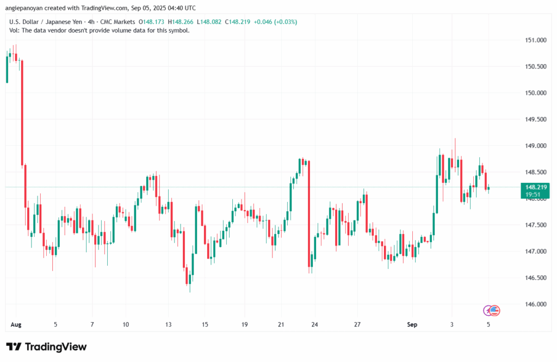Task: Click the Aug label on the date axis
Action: click(15, 324)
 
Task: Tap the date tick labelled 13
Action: click(168, 324)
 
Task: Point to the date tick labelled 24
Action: click(314, 324)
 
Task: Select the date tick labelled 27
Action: click(357, 324)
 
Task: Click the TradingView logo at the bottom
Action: click(46, 347)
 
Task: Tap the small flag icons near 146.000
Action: click(491, 310)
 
